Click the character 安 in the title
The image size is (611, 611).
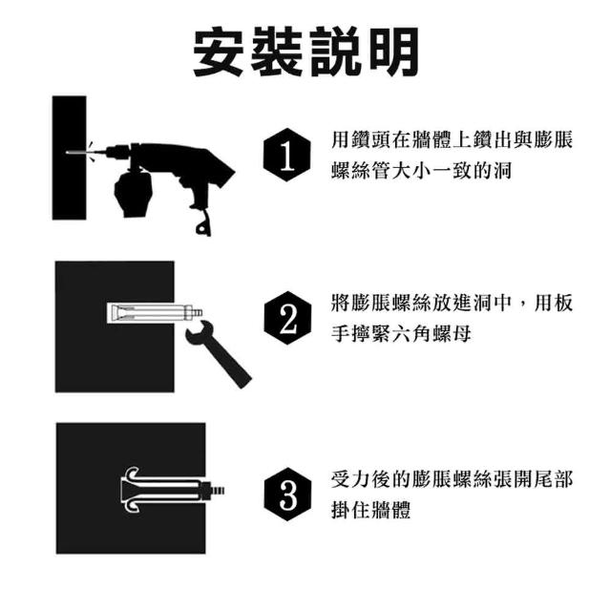218,53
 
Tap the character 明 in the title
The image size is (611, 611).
393,53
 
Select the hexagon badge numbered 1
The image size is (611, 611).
287,155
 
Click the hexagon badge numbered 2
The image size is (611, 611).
287,318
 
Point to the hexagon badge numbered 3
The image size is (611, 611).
287,495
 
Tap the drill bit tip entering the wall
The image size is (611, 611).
68,153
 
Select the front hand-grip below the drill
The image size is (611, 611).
133,194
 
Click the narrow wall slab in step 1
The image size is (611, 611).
70,158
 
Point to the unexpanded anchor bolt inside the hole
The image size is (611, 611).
155,312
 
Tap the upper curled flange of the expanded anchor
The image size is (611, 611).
132,474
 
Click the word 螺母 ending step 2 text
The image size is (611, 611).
452,333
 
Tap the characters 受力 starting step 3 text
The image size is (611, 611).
350,478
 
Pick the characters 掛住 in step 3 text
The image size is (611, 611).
350,510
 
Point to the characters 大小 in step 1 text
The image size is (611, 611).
411,170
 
